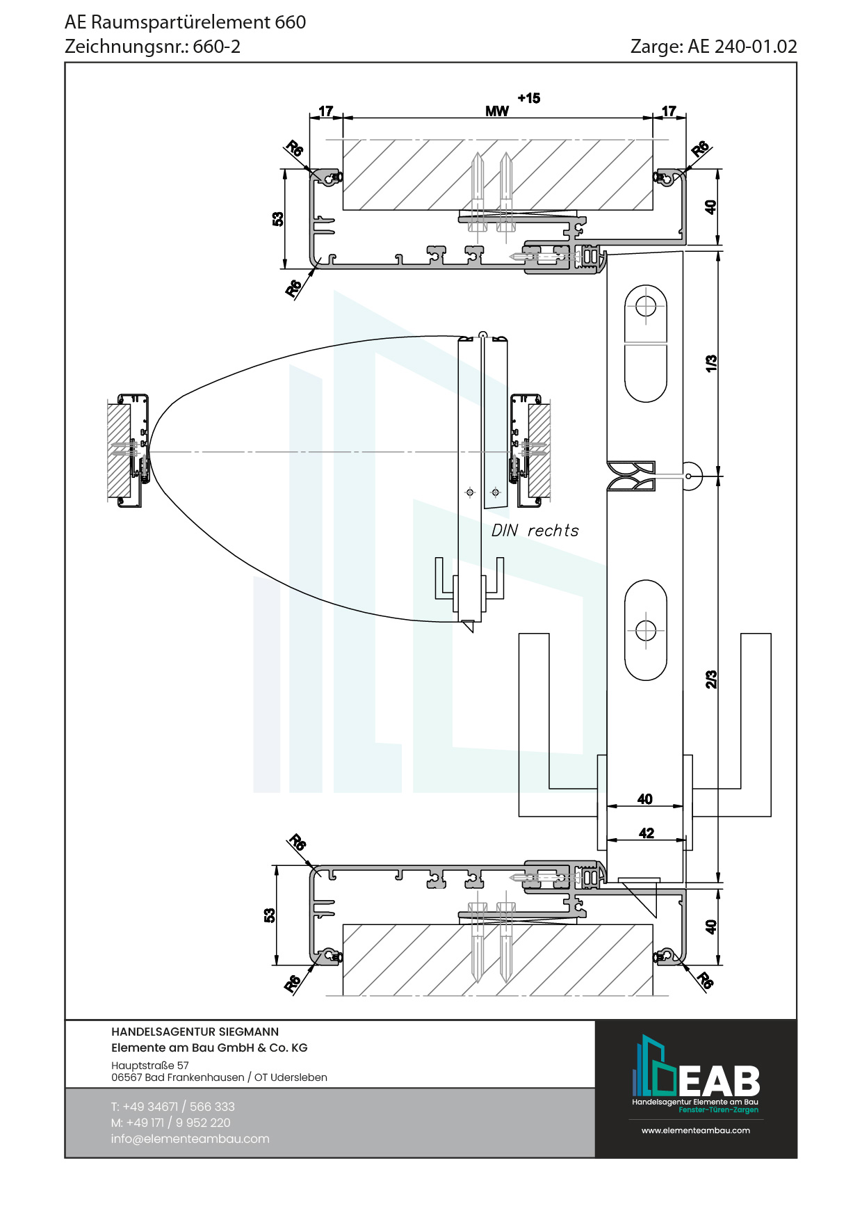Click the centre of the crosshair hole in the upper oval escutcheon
click(x=646, y=305)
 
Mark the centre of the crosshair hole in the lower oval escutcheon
click(x=646, y=631)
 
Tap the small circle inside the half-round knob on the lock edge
click(x=688, y=476)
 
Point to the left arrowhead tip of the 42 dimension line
click(x=608, y=840)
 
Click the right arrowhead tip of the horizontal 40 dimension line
click(x=683, y=807)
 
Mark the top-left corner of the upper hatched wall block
click(x=343, y=139)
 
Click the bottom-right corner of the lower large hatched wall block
click(x=653, y=995)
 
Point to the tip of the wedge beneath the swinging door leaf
click(x=471, y=632)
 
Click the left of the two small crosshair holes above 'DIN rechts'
click(x=470, y=492)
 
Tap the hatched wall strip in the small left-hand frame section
click(x=119, y=451)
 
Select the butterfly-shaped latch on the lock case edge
click(x=631, y=476)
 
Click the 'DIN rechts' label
click(x=535, y=531)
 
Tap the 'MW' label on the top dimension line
click(x=497, y=111)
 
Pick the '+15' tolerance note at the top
click(x=528, y=98)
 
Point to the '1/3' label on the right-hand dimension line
click(x=711, y=363)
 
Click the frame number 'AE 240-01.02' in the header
click(x=742, y=47)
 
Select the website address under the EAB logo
click(x=696, y=1130)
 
